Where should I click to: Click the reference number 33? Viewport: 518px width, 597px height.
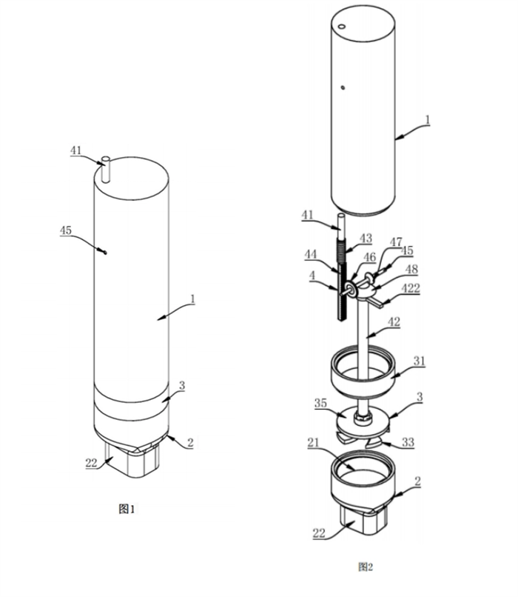[406, 442]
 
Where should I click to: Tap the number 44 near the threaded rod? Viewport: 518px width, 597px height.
[310, 255]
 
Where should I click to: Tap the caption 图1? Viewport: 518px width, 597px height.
[129, 509]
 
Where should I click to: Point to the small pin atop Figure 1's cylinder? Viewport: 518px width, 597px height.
[105, 169]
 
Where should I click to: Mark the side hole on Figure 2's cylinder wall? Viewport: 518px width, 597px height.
[343, 87]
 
